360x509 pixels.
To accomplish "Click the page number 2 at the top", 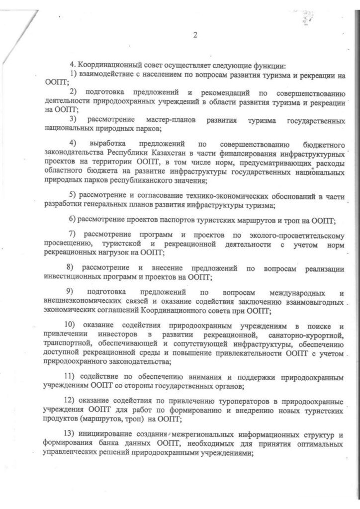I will click(195, 34).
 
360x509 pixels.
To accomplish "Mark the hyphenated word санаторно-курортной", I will click(309, 334).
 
